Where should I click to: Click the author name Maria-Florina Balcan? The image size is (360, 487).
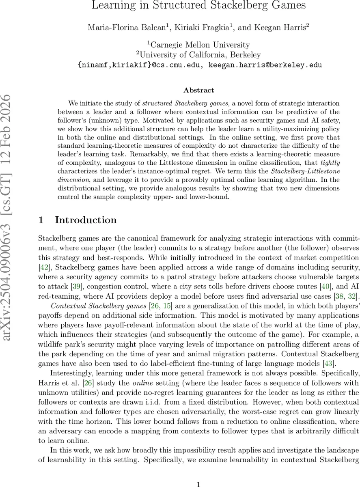pos(122,28)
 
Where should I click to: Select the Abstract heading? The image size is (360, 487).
pos(198,90)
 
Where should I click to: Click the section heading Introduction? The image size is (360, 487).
pos(86,220)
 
